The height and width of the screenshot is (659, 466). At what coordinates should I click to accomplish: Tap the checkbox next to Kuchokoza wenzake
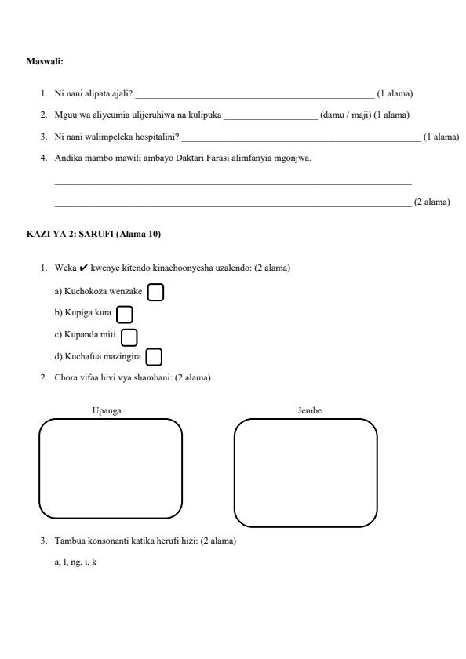pyautogui.click(x=156, y=292)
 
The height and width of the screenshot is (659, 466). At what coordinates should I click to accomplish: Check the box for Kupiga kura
pyautogui.click(x=124, y=315)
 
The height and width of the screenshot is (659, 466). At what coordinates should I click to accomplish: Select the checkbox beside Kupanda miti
pyautogui.click(x=129, y=337)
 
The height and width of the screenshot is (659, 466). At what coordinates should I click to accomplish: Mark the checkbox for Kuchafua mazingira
pyautogui.click(x=154, y=358)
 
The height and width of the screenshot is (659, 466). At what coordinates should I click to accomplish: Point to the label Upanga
pyautogui.click(x=107, y=411)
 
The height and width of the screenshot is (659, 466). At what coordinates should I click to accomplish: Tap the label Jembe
pyautogui.click(x=309, y=411)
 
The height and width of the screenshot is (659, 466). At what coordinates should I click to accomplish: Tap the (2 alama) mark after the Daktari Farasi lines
pyautogui.click(x=431, y=202)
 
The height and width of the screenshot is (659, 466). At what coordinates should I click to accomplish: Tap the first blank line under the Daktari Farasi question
pyautogui.click(x=232, y=183)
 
